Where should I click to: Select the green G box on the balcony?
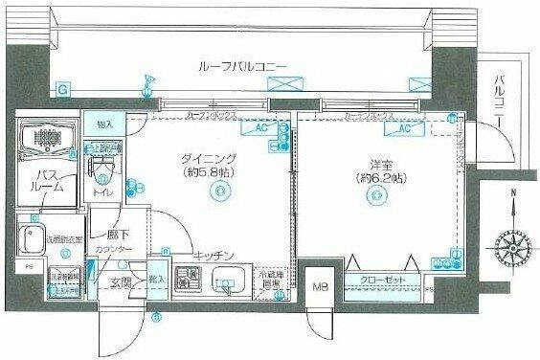[63, 90]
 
